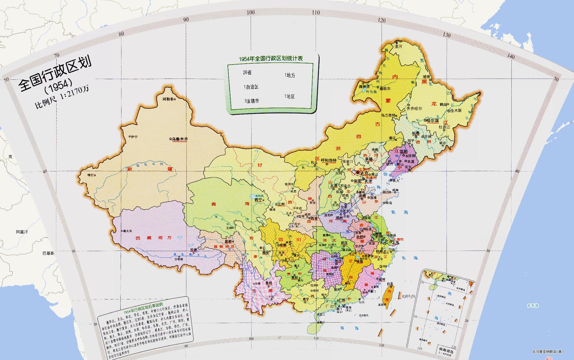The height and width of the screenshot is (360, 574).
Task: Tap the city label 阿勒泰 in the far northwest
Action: [x=168, y=99]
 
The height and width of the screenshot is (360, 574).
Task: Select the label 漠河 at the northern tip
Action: [x=398, y=46]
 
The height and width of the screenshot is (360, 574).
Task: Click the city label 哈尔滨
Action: [x=432, y=121]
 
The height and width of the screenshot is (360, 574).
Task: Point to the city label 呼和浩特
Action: [x=328, y=160]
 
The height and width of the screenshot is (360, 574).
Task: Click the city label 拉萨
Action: [x=194, y=250]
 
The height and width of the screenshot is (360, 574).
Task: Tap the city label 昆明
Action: [x=269, y=283]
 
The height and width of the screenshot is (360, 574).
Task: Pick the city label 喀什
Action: [x=90, y=175]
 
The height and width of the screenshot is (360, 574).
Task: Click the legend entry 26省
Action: [x=247, y=73]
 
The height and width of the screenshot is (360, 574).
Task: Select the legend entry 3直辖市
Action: [x=252, y=101]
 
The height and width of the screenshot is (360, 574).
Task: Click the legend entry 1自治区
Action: [x=251, y=87]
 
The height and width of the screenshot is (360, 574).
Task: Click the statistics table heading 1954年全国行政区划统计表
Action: [x=271, y=59]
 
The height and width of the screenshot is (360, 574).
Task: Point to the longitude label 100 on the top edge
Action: [x=251, y=12]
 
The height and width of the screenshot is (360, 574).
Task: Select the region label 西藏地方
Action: [x=154, y=238]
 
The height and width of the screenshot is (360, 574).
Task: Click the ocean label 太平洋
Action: [x=533, y=306]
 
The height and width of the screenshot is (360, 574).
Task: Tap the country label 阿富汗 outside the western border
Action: [x=22, y=232]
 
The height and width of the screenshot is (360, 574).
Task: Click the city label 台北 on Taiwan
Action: [x=390, y=284]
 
